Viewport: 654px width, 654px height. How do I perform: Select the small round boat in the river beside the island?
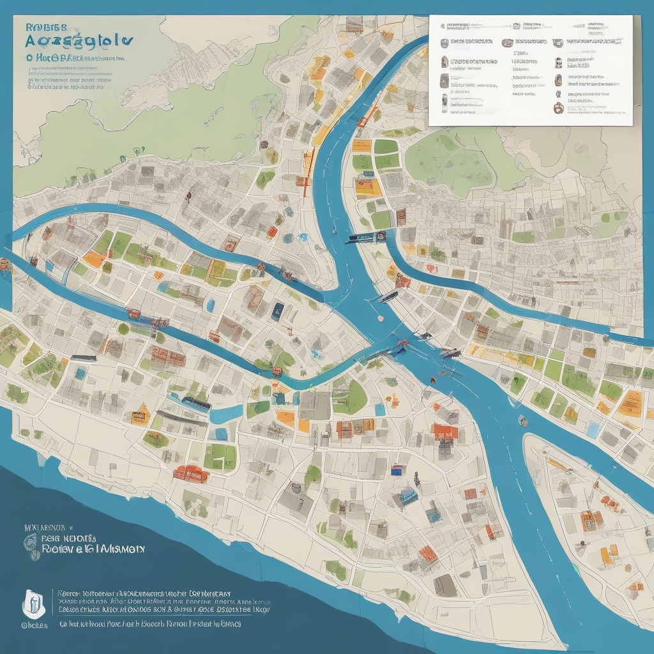tap(523, 420)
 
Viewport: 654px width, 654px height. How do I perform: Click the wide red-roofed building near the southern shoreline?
tap(189, 473)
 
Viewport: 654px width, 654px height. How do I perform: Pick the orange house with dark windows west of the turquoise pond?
tap(140, 416)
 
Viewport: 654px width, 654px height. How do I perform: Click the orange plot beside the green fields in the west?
tap(95, 258)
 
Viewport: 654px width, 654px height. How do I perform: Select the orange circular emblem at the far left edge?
tap(4, 263)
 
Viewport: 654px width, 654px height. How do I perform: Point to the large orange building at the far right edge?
tap(630, 403)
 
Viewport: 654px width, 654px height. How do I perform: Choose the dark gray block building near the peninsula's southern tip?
tap(445, 584)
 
